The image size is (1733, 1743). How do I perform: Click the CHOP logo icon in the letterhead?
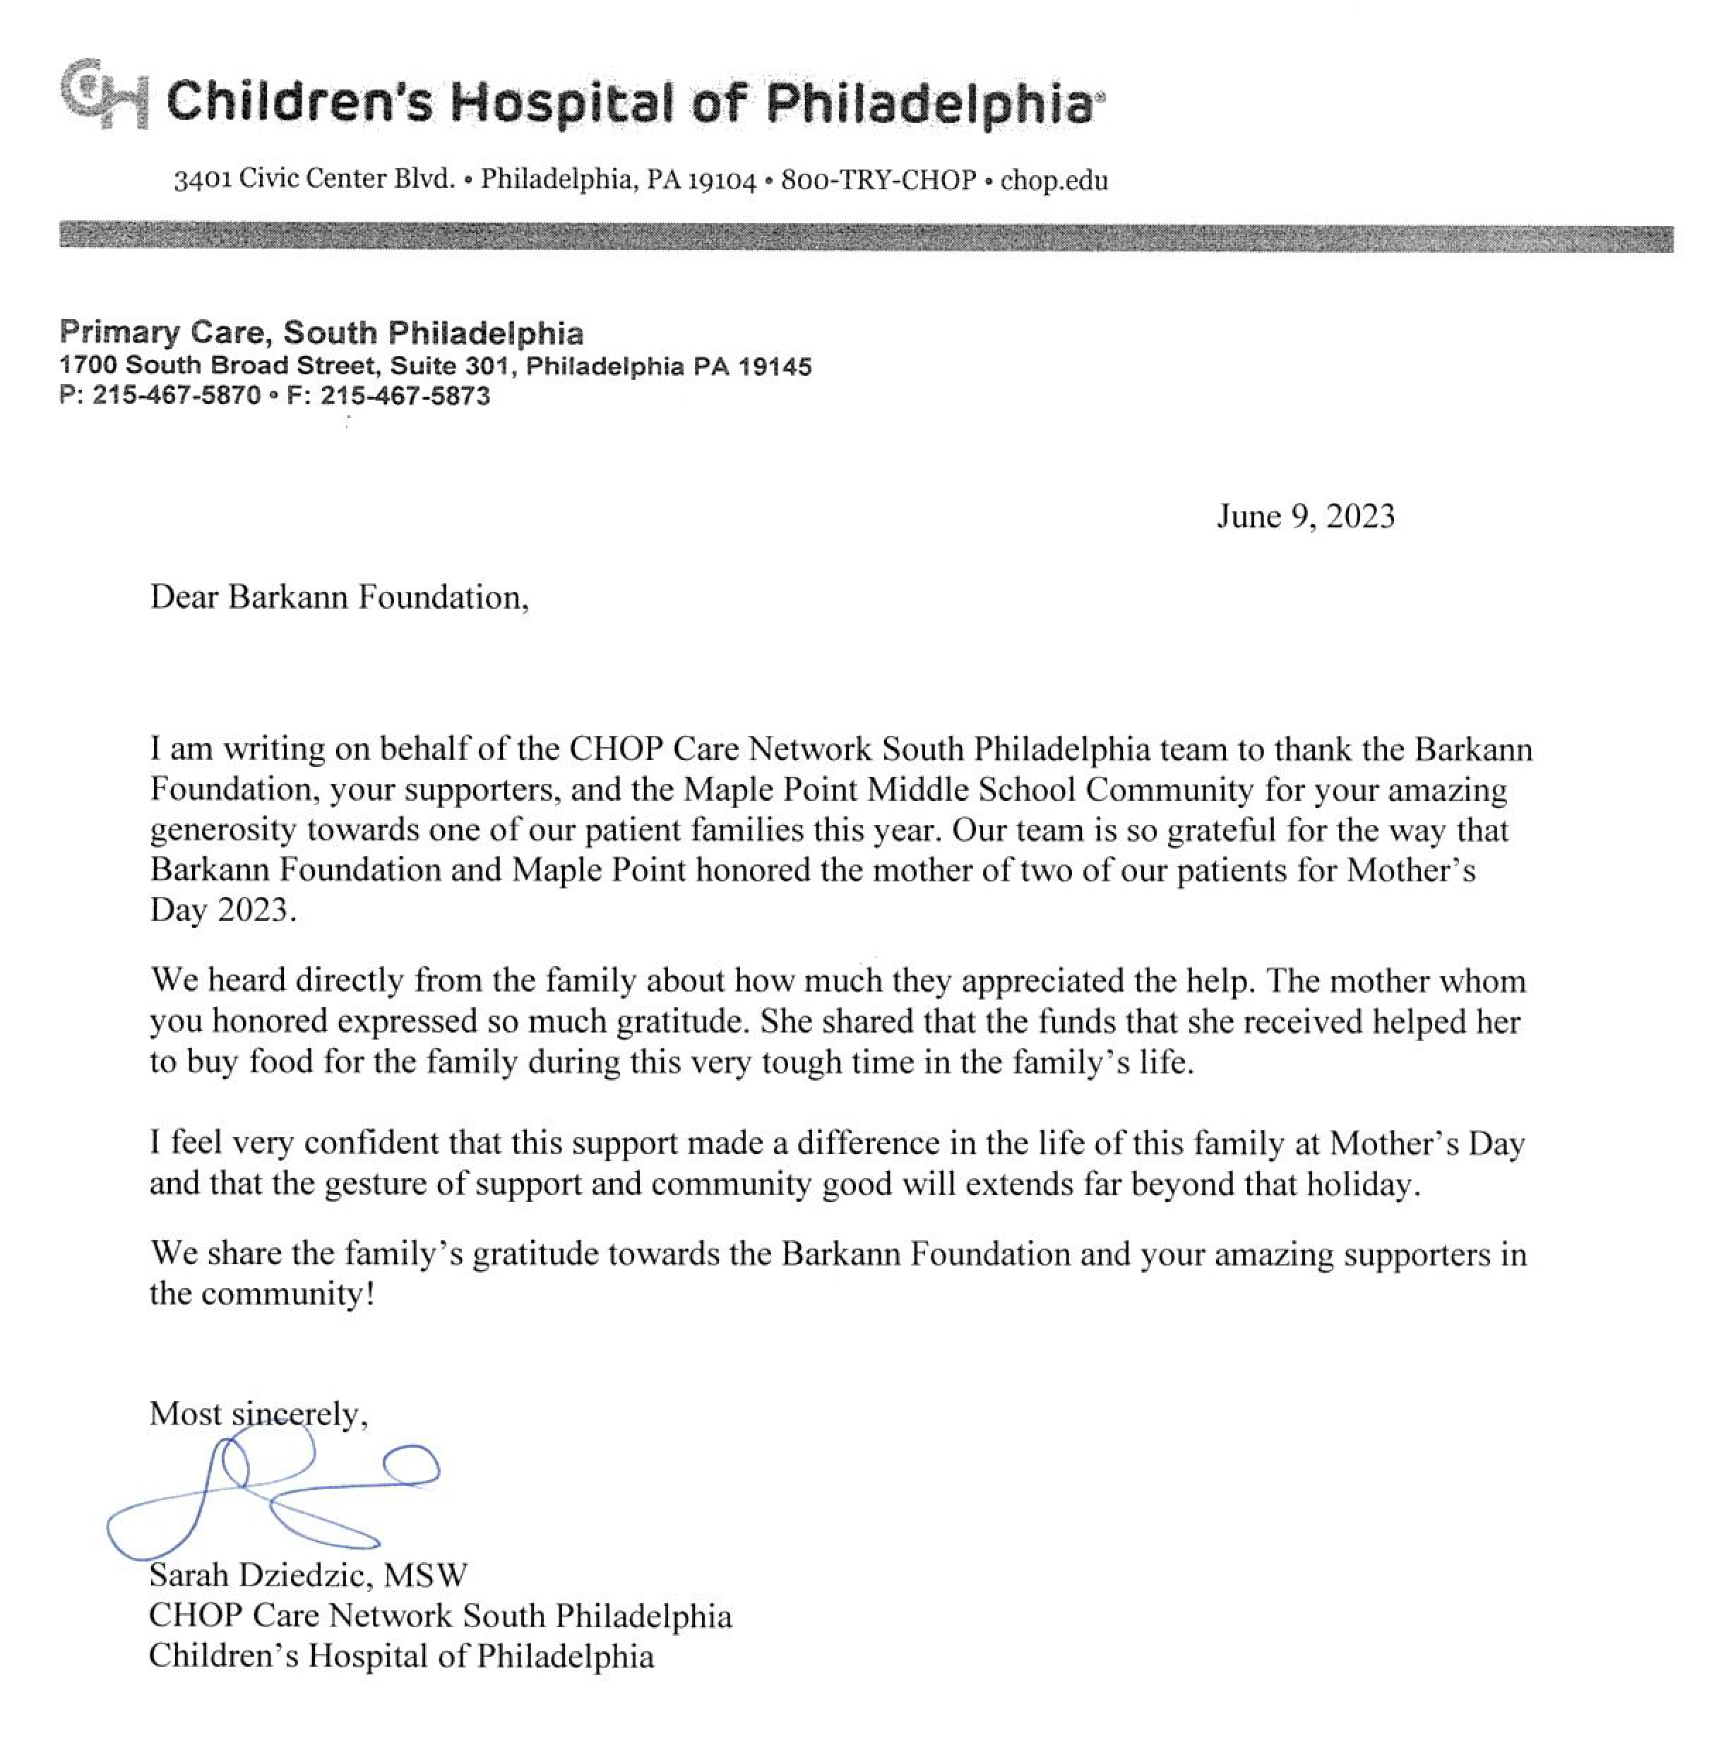(x=103, y=95)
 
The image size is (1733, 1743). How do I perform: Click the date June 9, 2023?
(x=1304, y=517)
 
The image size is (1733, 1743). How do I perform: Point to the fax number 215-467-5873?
(x=405, y=395)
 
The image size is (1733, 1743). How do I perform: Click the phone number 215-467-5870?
(x=176, y=395)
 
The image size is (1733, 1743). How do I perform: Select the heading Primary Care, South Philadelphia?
(x=321, y=333)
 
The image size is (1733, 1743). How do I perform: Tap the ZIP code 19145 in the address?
(x=775, y=367)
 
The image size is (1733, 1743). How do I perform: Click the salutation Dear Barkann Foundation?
(x=338, y=597)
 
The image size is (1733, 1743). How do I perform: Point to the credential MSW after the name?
(x=426, y=1574)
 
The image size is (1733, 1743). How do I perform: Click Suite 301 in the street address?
(x=449, y=367)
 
